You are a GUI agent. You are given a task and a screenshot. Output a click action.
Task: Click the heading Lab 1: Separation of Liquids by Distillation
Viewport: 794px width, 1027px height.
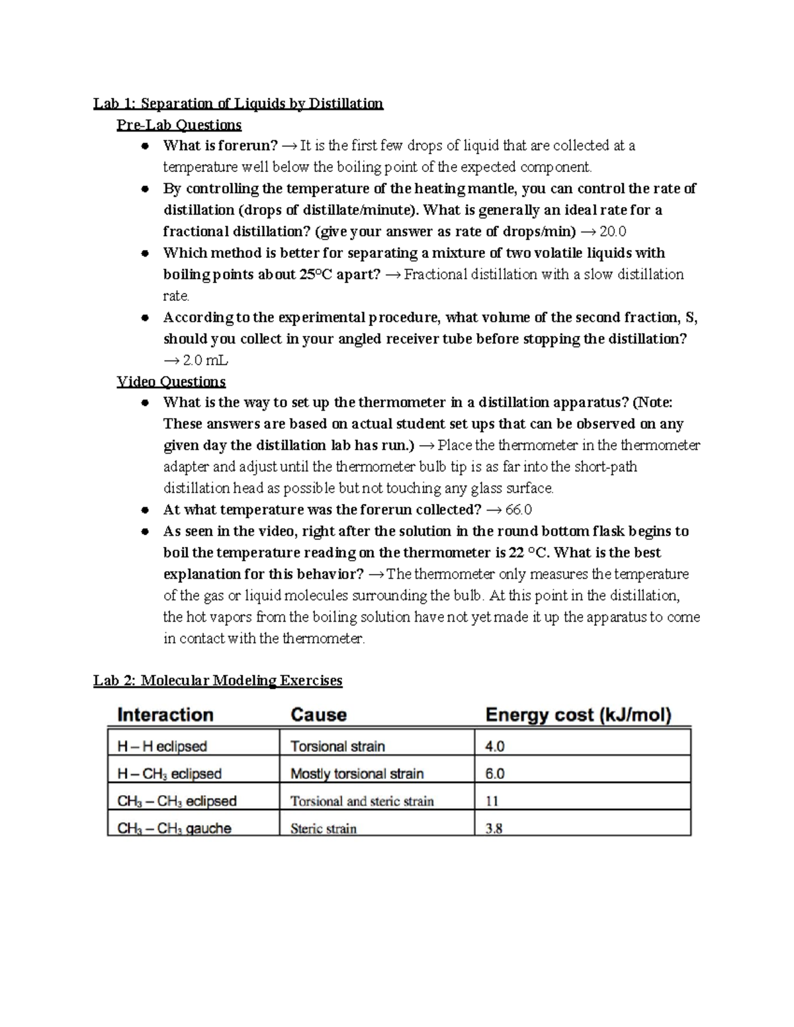tap(238, 104)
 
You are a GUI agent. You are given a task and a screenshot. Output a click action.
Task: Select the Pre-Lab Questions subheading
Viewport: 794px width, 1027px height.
tap(179, 125)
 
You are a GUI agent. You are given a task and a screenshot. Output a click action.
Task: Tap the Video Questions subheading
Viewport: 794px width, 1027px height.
tap(171, 382)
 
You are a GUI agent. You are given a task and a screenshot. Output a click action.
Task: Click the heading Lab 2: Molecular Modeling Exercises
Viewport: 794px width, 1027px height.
tap(218, 680)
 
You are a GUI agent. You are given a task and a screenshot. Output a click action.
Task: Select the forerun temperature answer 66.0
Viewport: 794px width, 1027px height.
tap(518, 510)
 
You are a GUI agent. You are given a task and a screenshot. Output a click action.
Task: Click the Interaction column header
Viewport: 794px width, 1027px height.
tap(165, 715)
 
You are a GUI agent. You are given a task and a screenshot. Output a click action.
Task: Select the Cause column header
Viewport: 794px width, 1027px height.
tap(318, 715)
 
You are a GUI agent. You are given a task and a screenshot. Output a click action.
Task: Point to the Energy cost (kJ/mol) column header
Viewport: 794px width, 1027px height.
tap(578, 715)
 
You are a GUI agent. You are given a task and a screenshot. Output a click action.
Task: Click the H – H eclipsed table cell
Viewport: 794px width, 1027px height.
tap(162, 747)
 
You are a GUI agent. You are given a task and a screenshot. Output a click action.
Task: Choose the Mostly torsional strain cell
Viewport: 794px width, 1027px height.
tap(357, 774)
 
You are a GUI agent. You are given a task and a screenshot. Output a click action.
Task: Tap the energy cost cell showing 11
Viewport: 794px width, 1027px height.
tap(492, 801)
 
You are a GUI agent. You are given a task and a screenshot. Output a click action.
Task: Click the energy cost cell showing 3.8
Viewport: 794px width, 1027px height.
tap(494, 829)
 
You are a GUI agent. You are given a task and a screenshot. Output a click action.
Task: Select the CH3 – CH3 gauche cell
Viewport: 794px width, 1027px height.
tap(174, 829)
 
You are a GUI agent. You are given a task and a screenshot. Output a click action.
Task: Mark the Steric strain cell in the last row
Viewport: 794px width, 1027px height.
tap(323, 829)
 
